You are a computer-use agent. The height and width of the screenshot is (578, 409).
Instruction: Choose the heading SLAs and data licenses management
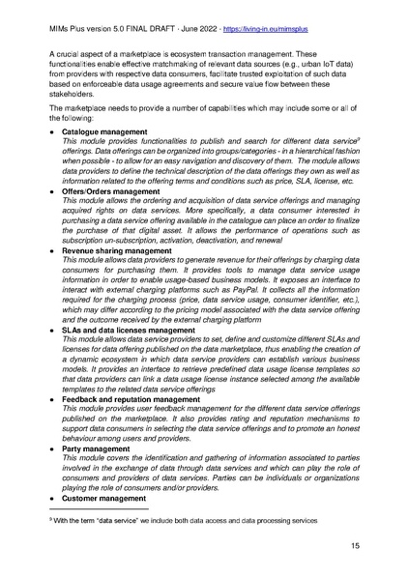tap(128, 330)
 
